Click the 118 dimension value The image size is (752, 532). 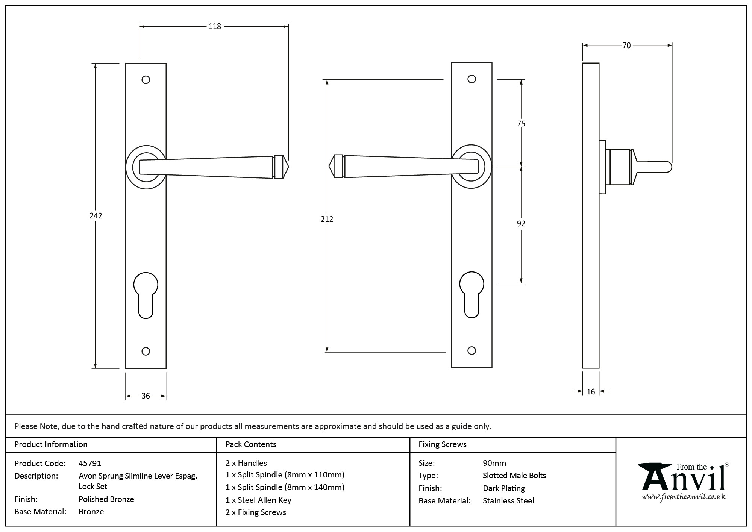(215, 26)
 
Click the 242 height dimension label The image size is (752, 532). (96, 216)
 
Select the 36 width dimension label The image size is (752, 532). (146, 396)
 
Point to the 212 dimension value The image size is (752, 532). (327, 219)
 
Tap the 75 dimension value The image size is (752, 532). (521, 123)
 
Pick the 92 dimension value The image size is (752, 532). (521, 224)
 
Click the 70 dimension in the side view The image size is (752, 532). (626, 45)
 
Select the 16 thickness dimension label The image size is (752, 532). (591, 392)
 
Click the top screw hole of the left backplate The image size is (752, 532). (146, 80)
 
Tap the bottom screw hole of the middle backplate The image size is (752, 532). (472, 350)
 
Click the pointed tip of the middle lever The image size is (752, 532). (330, 166)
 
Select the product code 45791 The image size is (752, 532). (90, 464)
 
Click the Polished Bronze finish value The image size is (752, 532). (106, 499)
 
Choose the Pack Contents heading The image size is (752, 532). (251, 444)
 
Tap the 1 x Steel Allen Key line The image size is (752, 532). (258, 500)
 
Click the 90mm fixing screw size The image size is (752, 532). (494, 463)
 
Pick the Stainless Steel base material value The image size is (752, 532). (508, 501)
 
